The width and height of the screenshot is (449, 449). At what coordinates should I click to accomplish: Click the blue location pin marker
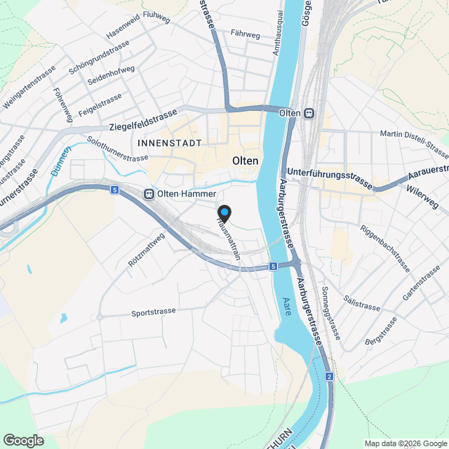224,213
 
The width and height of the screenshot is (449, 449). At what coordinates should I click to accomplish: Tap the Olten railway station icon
309,113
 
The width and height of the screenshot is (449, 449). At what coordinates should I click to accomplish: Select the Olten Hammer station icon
149,194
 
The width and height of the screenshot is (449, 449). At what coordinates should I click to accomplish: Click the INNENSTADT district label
170,143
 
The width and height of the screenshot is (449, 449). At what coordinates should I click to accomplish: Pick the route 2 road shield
329,377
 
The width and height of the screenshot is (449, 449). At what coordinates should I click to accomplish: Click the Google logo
22,440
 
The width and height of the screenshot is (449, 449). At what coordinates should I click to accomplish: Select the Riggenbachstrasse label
384,248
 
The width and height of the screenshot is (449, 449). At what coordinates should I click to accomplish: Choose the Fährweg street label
246,33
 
